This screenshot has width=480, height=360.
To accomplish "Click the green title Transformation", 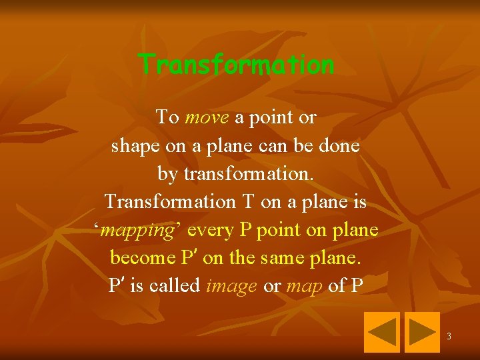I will coord(236,65).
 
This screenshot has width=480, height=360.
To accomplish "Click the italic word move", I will coord(207,118).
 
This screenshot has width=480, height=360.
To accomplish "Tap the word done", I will coord(339,146).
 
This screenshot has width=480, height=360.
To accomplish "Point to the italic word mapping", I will coord(140,231).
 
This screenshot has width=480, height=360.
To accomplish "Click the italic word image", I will coord(231,286).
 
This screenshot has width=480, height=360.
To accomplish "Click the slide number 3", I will coord(449,336).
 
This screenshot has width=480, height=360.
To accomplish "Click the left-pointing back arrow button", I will coord(381,332).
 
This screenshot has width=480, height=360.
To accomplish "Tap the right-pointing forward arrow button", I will coord(423,332).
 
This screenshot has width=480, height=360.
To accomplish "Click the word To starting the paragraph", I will coord(167,118).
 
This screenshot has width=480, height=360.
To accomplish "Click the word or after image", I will coord(272,285).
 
